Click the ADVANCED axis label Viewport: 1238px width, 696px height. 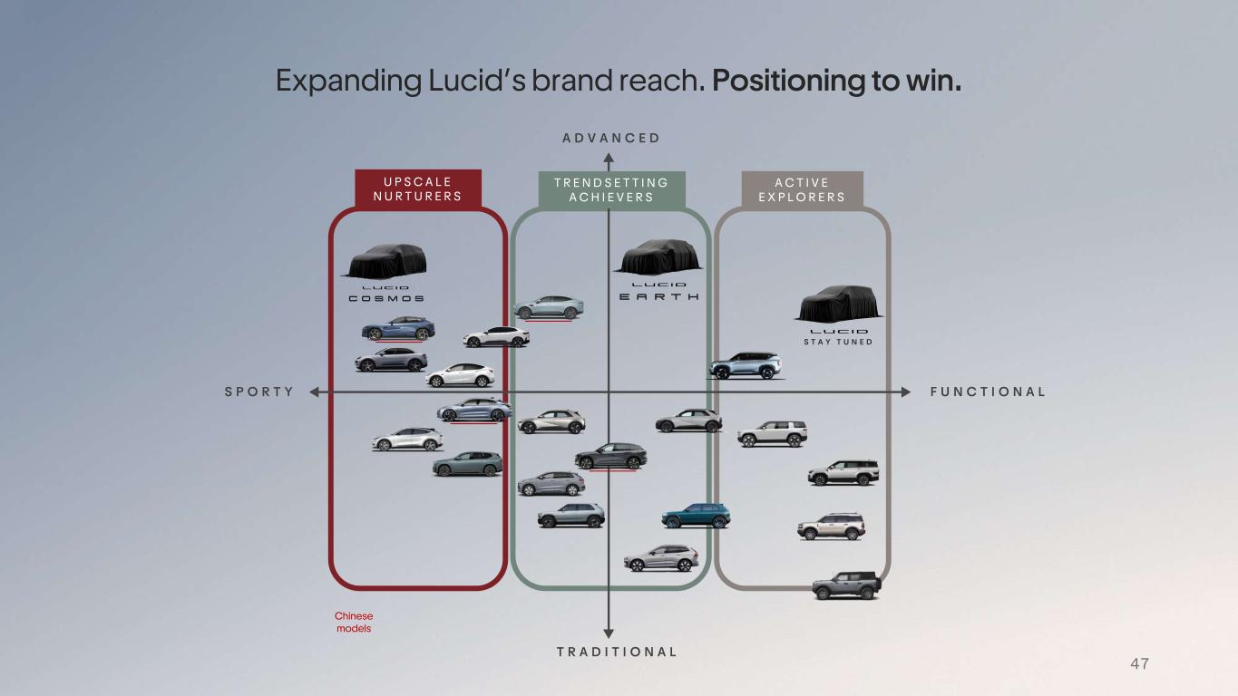(x=610, y=138)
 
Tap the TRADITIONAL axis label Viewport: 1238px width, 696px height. (x=617, y=652)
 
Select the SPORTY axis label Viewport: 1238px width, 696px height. (x=259, y=391)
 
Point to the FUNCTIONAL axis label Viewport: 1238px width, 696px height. (x=988, y=391)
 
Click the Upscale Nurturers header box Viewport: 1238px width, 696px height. (x=418, y=188)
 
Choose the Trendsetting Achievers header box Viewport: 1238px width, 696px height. (x=612, y=190)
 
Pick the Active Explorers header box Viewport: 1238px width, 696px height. (x=802, y=190)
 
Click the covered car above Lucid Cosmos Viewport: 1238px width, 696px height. (x=387, y=261)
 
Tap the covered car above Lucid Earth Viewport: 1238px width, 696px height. (x=658, y=256)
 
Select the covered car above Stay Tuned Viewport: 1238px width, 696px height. (x=840, y=304)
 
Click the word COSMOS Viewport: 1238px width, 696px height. (x=386, y=298)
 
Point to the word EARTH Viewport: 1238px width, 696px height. (x=658, y=296)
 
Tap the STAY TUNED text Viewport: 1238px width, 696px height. (x=838, y=342)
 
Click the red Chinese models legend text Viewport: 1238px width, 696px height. (x=354, y=622)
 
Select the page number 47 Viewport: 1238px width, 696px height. (x=1140, y=663)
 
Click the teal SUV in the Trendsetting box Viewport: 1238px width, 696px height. (x=696, y=516)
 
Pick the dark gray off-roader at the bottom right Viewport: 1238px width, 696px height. (x=846, y=585)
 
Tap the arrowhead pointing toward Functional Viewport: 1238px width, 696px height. (x=906, y=391)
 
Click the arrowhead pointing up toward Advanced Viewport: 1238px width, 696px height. (x=609, y=159)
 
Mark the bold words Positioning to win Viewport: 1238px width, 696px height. (x=837, y=81)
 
